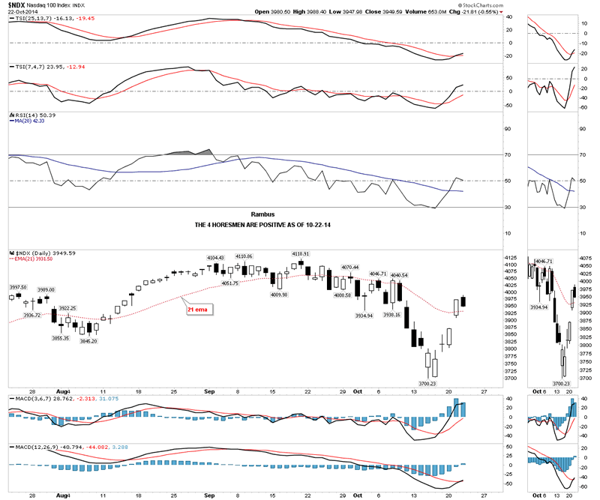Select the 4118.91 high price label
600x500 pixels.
[301, 254]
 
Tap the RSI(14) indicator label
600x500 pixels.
[21, 116]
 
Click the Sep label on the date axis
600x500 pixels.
[211, 391]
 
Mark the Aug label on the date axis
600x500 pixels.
[63, 391]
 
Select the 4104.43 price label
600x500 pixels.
[216, 259]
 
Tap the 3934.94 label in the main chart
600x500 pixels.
[364, 316]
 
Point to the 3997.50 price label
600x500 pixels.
[17, 288]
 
